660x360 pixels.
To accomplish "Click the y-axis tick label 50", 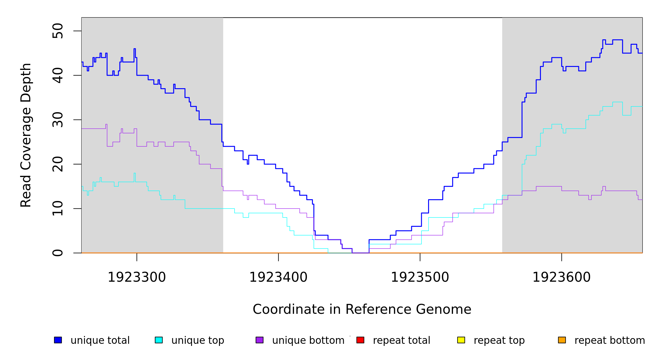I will [x=58, y=31].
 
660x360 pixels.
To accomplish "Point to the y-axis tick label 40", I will [x=58, y=75].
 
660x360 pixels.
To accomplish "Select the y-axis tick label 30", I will [x=58, y=120].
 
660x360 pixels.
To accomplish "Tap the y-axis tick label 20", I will [x=58, y=164].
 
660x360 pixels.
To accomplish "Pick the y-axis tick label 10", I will [x=58, y=208].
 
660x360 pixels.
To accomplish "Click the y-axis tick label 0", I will [x=58, y=253].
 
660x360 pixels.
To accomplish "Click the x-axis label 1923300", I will [x=137, y=277].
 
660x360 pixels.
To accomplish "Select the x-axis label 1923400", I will [x=278, y=277].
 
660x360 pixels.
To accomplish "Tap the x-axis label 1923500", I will [x=420, y=277].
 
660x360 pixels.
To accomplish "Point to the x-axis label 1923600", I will [x=562, y=277].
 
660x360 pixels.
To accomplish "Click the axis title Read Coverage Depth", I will [x=26, y=135].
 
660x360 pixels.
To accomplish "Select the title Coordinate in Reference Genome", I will [x=362, y=310].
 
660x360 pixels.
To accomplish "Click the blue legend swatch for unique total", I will [x=58, y=340].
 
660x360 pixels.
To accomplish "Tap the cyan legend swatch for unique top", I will [x=159, y=340].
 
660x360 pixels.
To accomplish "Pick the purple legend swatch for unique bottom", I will [x=259, y=340].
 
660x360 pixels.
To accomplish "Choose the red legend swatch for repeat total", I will [x=360, y=340].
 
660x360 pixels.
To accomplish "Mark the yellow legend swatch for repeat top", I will [x=461, y=340].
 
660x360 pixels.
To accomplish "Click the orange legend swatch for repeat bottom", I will [x=562, y=340].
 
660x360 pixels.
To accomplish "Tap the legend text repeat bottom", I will [x=610, y=340].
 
